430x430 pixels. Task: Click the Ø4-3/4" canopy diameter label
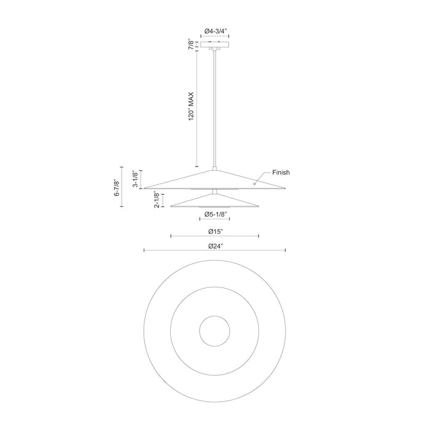coord(215,31)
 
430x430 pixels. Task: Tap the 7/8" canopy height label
coord(191,45)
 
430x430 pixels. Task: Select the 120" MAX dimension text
coord(191,106)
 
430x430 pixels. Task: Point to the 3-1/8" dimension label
coord(136,179)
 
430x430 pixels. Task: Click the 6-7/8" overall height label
coord(117,188)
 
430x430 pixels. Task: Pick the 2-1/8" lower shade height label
coord(157,200)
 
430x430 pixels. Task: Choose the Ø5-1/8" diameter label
coord(215,214)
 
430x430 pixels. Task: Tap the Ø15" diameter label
coord(215,232)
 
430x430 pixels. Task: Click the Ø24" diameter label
coord(216,246)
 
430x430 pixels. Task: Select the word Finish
coord(281,173)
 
